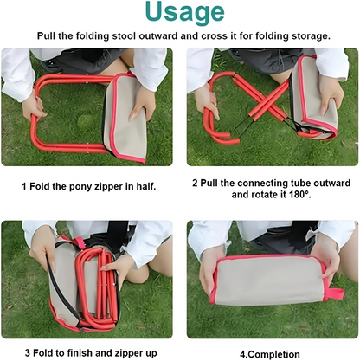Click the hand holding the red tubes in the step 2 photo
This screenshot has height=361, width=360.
(206, 100)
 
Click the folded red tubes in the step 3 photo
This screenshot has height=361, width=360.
(93, 286)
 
